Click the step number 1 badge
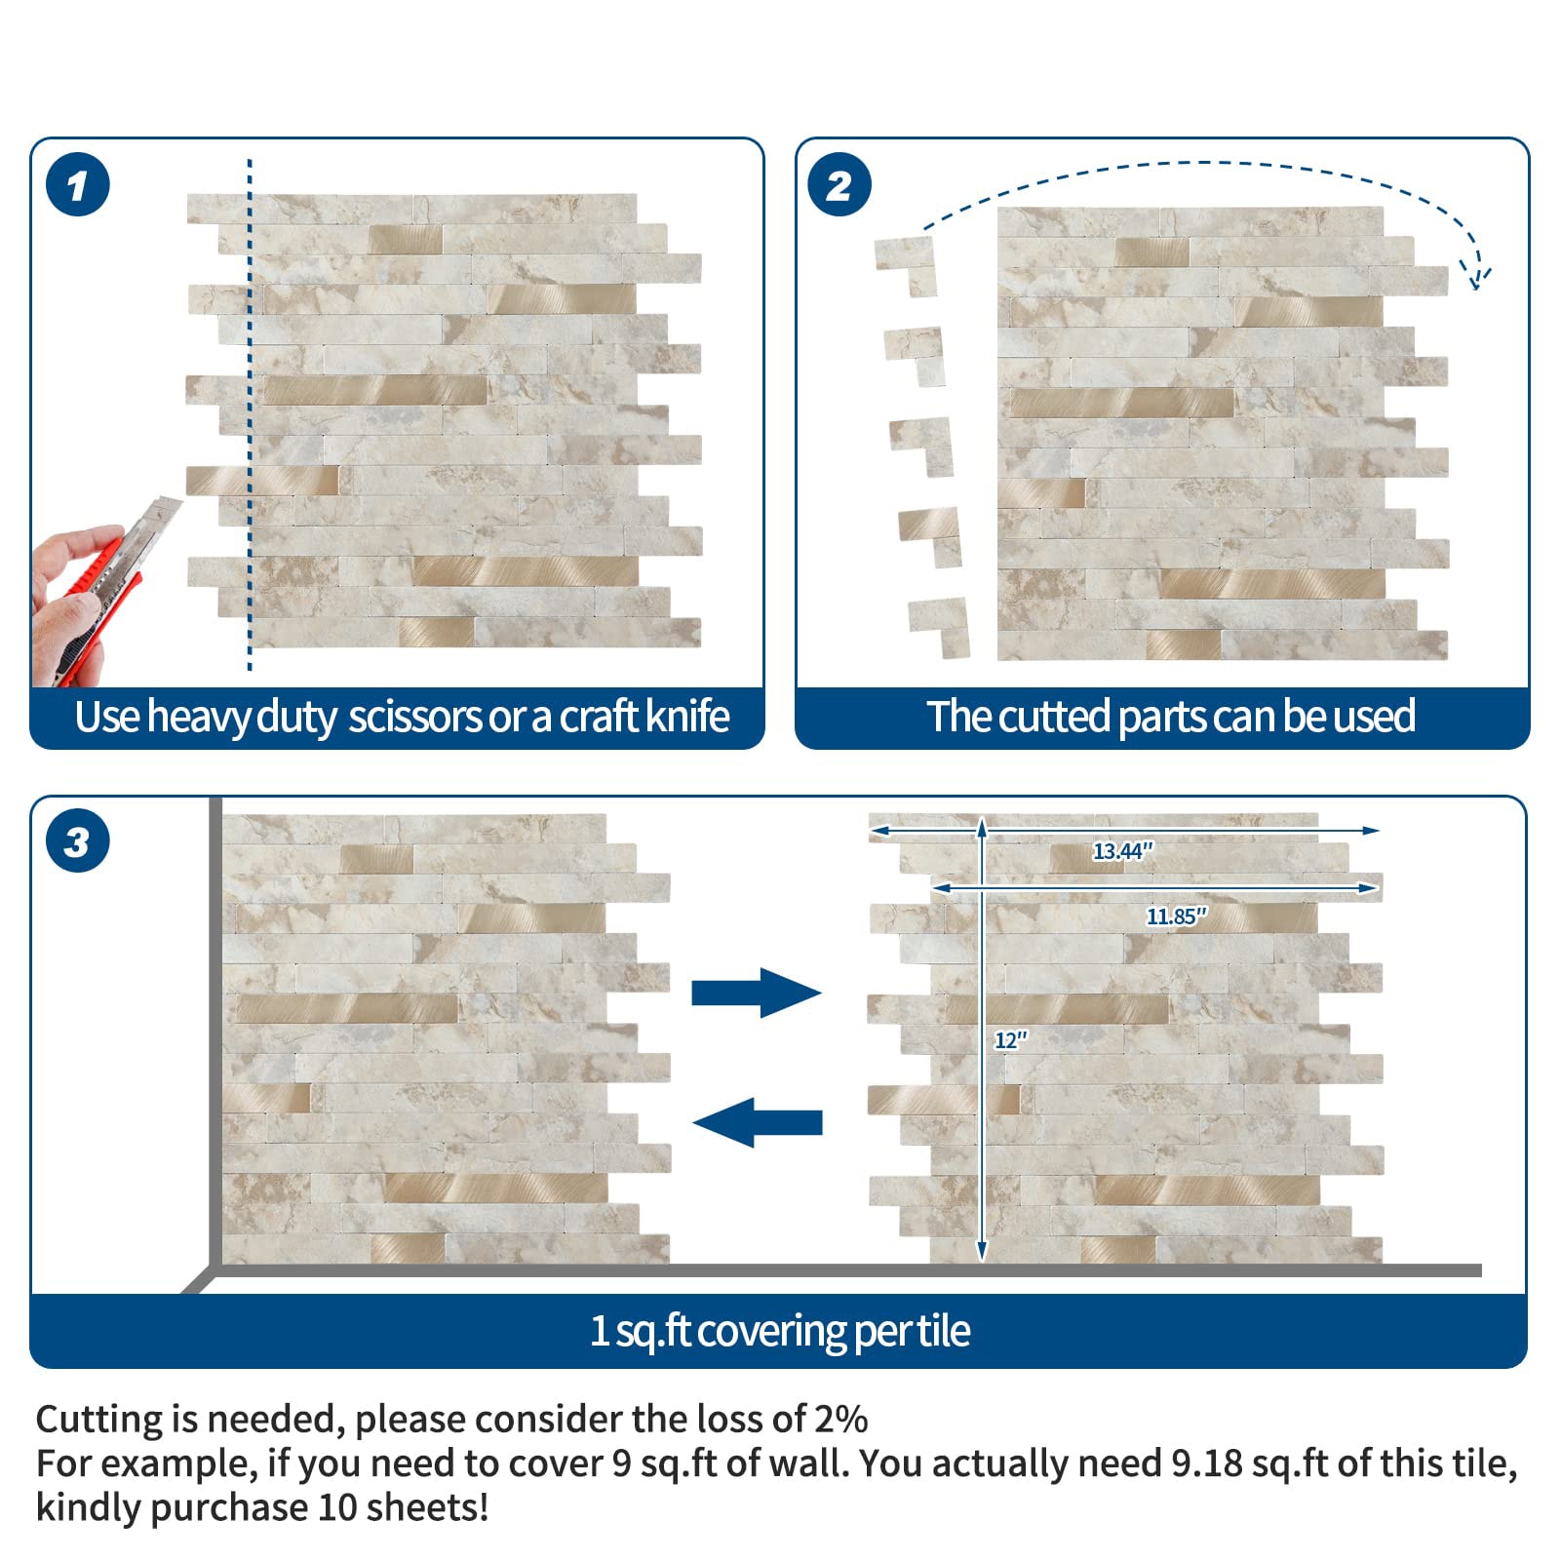[x=78, y=185]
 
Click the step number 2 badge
[x=839, y=185]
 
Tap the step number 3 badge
[x=78, y=840]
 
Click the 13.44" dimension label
[x=1122, y=851]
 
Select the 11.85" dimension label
[x=1176, y=917]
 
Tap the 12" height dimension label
[x=1011, y=1040]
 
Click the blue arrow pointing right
[x=757, y=993]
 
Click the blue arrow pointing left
[x=758, y=1122]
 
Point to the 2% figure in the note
[x=841, y=1419]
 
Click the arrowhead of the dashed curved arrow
[x=1478, y=277]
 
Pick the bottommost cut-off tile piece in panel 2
[x=939, y=627]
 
